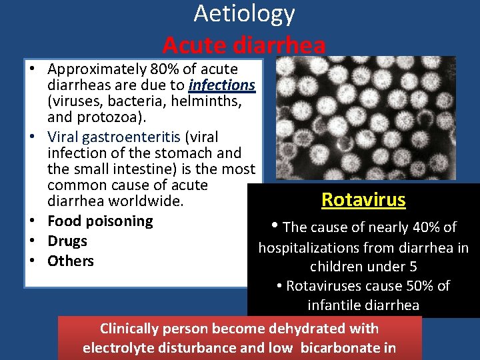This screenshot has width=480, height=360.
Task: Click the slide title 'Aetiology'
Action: coord(244,13)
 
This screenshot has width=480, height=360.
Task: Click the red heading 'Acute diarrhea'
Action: coord(244,45)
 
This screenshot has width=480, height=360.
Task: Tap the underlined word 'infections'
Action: coord(221,85)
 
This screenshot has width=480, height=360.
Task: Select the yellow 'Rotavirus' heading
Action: coord(363,199)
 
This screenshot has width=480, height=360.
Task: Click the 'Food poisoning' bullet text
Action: coord(100,221)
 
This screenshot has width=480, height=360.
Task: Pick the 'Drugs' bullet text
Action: coord(67,241)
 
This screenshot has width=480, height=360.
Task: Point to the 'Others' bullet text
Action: coord(71,261)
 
